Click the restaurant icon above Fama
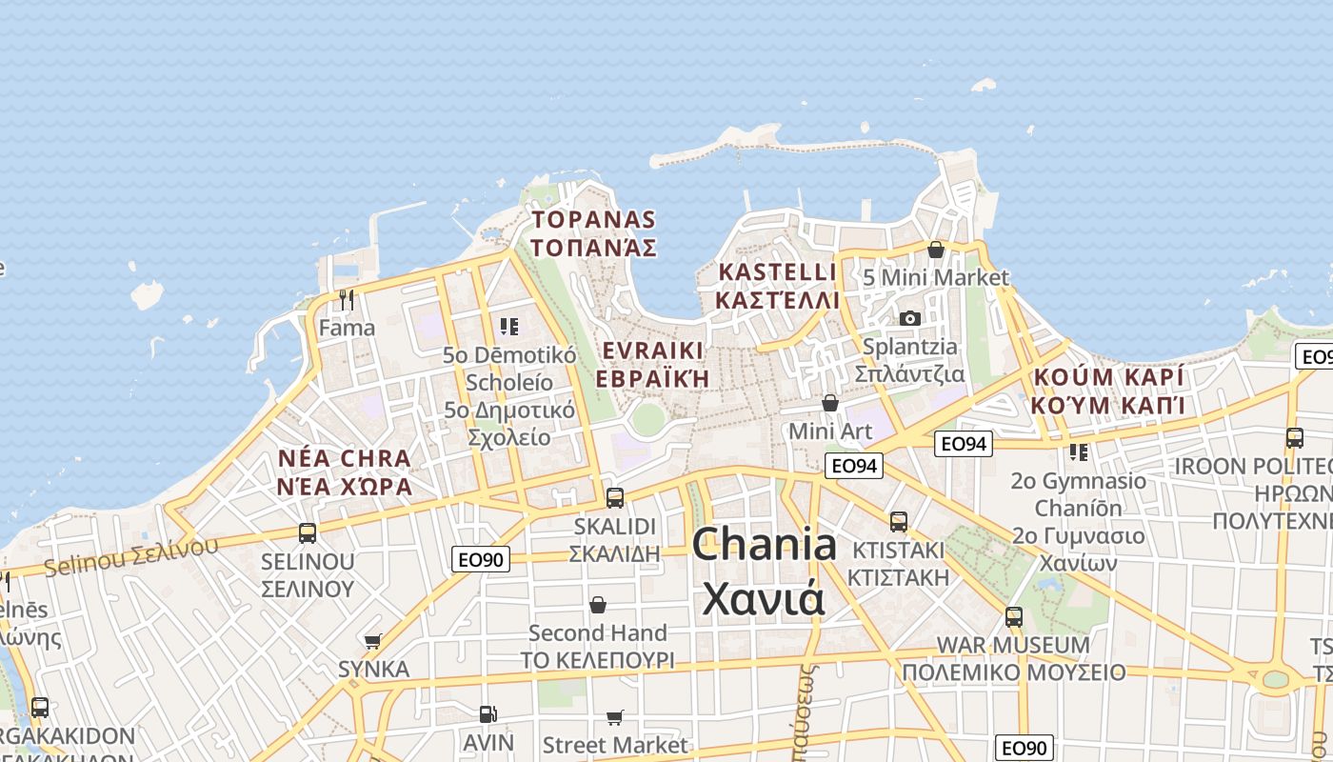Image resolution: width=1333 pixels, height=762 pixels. click(x=347, y=300)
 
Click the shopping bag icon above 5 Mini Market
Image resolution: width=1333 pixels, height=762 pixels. click(x=936, y=250)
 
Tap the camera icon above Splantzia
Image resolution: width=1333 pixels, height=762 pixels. click(x=910, y=318)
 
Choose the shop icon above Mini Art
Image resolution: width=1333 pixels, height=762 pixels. click(x=830, y=403)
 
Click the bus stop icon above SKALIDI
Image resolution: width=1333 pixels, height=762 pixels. click(x=615, y=497)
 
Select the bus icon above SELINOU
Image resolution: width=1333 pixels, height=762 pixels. click(x=308, y=533)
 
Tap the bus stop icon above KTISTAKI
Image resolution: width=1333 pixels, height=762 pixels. click(x=899, y=521)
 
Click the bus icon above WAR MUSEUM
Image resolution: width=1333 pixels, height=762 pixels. click(x=1014, y=616)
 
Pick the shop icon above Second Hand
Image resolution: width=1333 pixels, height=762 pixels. click(x=598, y=605)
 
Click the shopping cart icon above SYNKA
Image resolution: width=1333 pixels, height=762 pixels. click(x=373, y=641)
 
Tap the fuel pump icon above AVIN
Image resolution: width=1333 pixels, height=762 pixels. click(x=487, y=713)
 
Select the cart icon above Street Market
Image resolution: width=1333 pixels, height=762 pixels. click(x=615, y=716)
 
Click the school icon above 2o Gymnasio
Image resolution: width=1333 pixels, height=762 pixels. click(x=1079, y=451)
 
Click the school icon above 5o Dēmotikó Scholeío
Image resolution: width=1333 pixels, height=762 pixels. click(x=509, y=327)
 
